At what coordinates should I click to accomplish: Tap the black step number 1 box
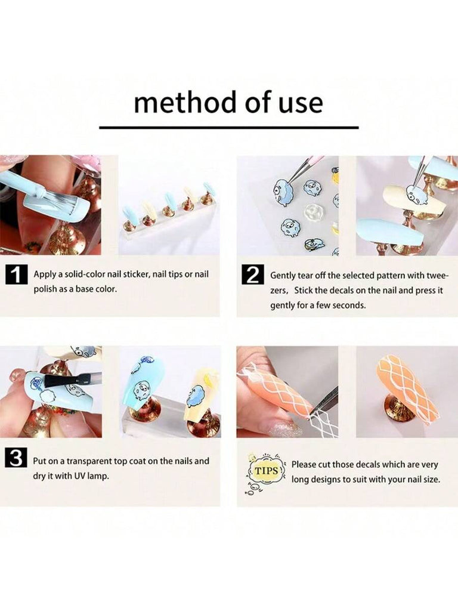click(x=16, y=275)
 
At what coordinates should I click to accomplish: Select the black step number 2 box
click(x=253, y=275)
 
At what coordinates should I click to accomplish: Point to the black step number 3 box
click(x=16, y=458)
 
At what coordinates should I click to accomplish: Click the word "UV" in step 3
click(x=79, y=476)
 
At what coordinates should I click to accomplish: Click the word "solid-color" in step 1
click(x=85, y=274)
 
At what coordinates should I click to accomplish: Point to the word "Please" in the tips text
click(x=304, y=464)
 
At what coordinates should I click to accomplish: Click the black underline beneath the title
click(x=229, y=128)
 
